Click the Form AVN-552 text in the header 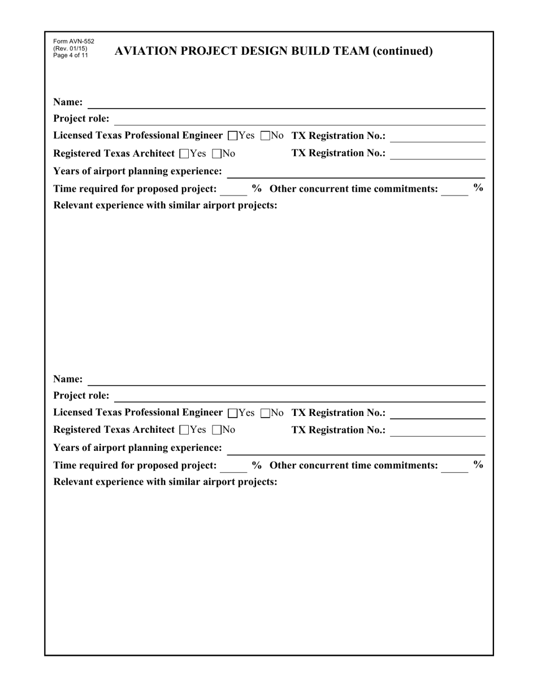tap(73, 42)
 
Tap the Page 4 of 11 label tap(71, 55)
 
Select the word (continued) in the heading tap(402, 51)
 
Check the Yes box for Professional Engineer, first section tap(232, 136)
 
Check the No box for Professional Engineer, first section tap(265, 136)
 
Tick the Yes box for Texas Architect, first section tap(184, 154)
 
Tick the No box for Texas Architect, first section tap(216, 154)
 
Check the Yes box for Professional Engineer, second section tap(232, 413)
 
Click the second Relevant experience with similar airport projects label tap(165, 482)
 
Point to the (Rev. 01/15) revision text tap(70, 49)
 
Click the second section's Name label tap(68, 379)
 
